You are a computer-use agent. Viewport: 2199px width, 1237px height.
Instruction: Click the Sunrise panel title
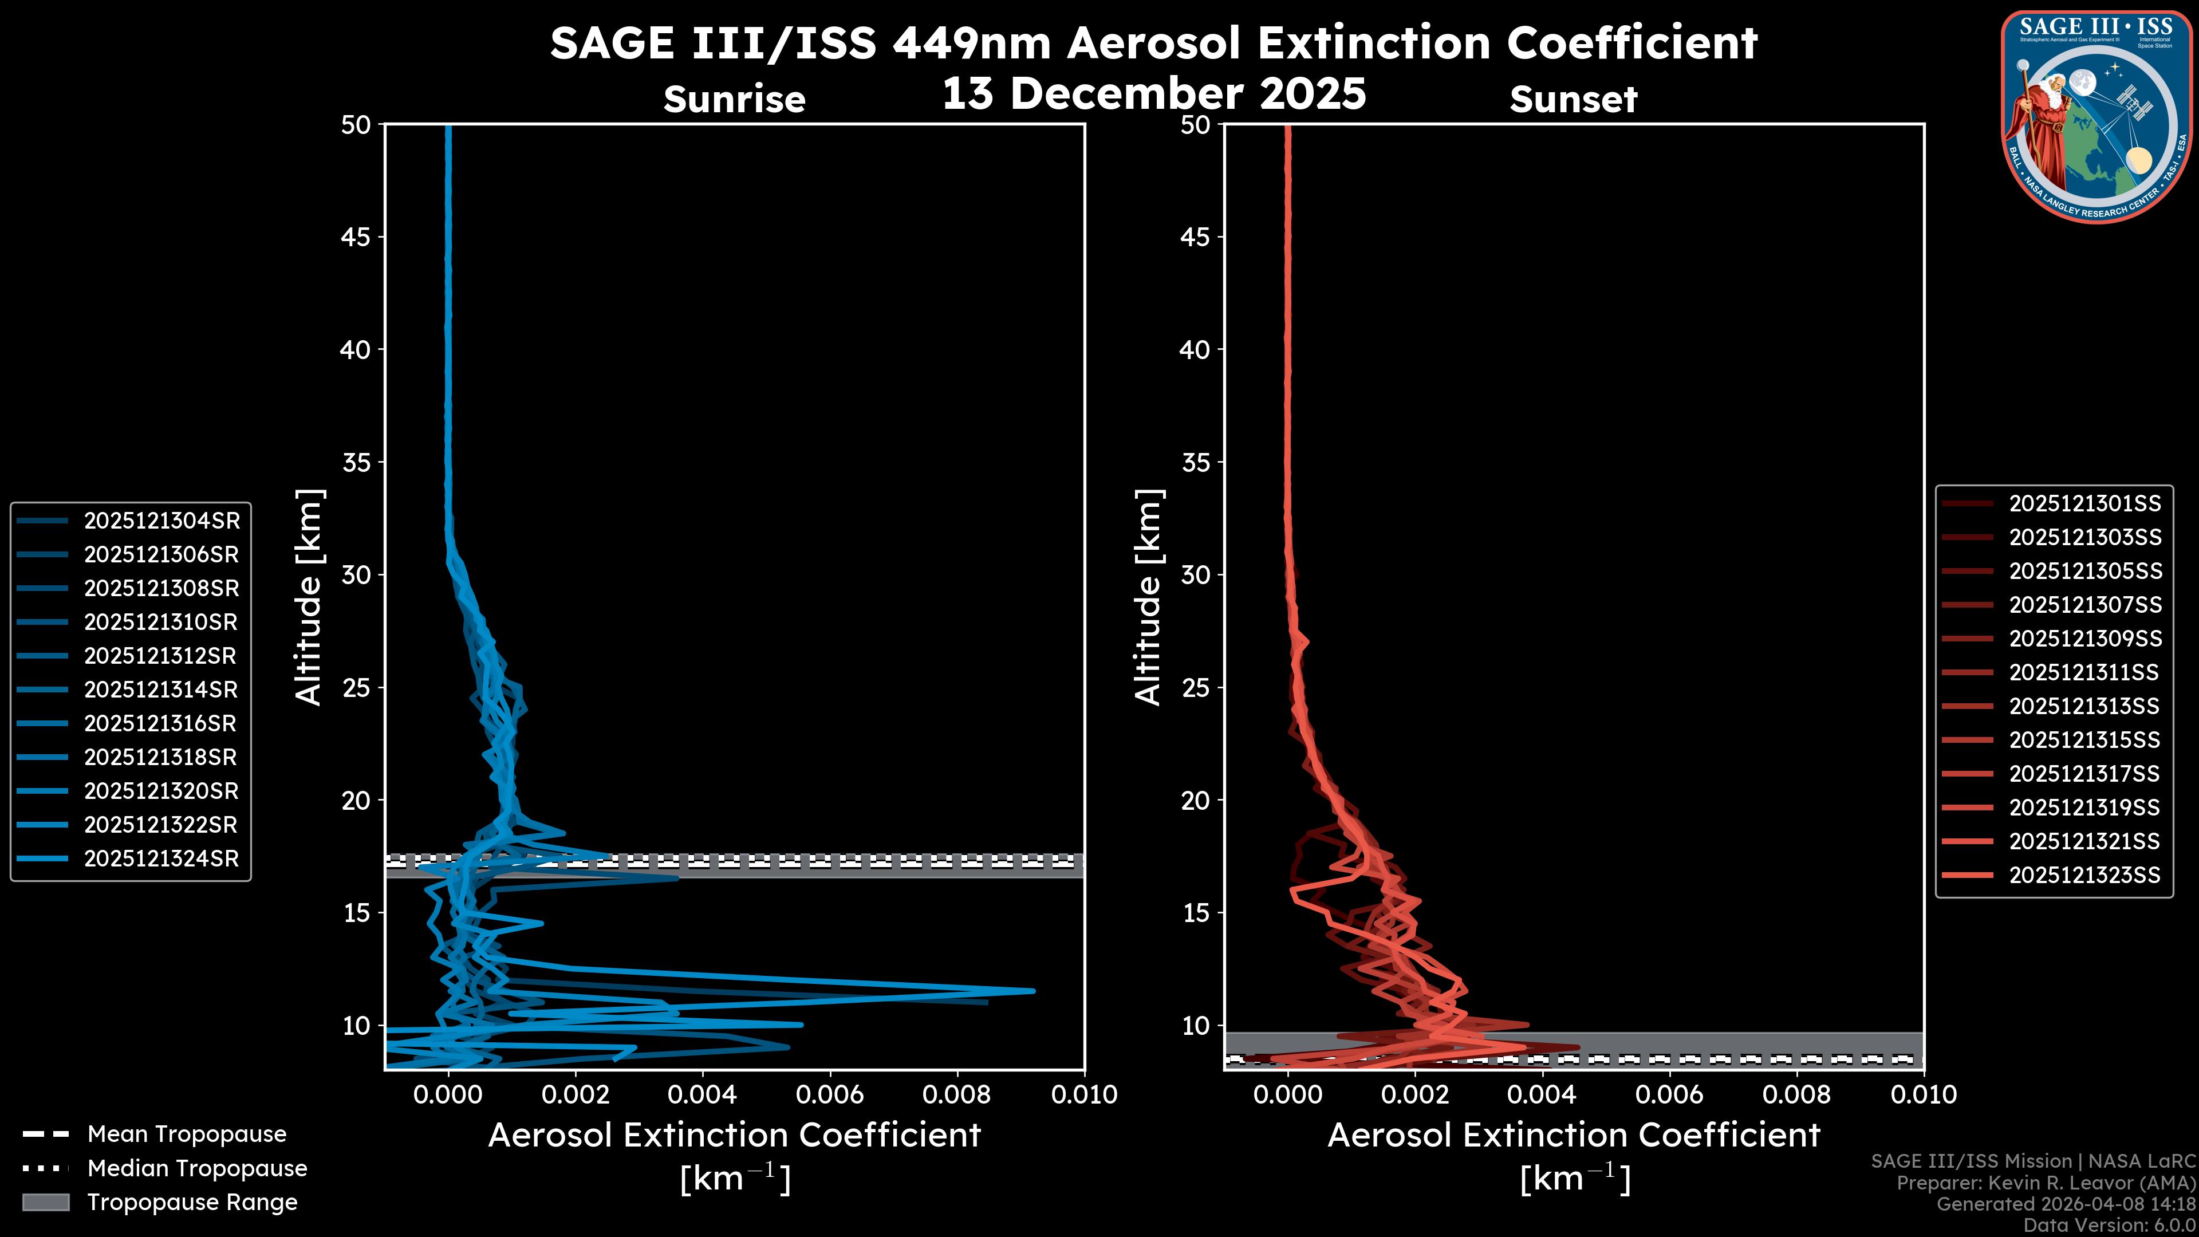click(734, 100)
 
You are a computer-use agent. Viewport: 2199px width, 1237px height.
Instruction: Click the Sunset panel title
click(1573, 100)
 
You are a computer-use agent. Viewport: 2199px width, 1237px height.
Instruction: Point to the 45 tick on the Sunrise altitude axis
click(356, 237)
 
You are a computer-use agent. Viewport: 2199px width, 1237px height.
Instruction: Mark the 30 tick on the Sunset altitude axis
click(1196, 574)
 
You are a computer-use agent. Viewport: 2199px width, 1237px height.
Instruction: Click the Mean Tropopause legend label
click(187, 1134)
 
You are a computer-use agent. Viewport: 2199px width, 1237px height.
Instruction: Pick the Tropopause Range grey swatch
click(45, 1202)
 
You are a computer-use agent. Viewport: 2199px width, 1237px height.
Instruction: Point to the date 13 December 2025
click(1154, 94)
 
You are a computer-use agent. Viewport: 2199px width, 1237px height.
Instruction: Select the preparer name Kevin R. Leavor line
click(2046, 1183)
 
